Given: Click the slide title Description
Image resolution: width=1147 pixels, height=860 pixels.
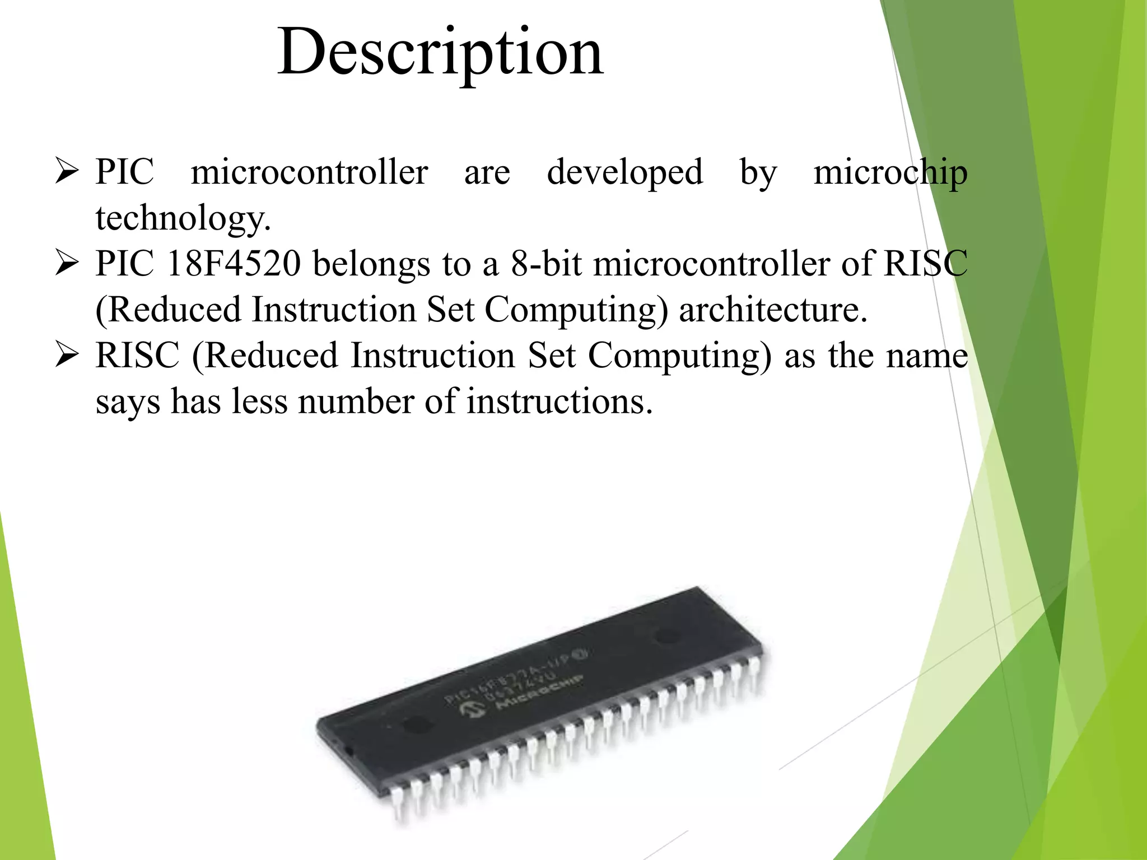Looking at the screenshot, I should pyautogui.click(x=440, y=53).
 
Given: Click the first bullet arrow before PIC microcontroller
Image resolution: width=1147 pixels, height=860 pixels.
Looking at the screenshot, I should pyautogui.click(x=67, y=171).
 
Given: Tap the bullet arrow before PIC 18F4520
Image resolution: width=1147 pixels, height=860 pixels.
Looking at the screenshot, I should pyautogui.click(x=67, y=263).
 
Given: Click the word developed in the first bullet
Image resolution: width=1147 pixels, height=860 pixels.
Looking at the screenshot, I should pyautogui.click(x=624, y=171).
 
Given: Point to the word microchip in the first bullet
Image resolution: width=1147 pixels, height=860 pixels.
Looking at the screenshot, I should pyautogui.click(x=890, y=171).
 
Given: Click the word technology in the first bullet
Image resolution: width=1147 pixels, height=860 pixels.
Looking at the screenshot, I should pyautogui.click(x=183, y=218).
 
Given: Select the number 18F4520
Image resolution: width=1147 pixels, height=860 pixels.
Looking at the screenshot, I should pyautogui.click(x=234, y=263).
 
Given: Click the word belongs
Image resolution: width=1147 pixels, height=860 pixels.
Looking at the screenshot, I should pyautogui.click(x=371, y=264).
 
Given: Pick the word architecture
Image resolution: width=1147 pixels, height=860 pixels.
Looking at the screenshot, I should pyautogui.click(x=772, y=310).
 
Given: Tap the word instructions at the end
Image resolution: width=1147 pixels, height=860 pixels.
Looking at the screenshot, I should pyautogui.click(x=559, y=401).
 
